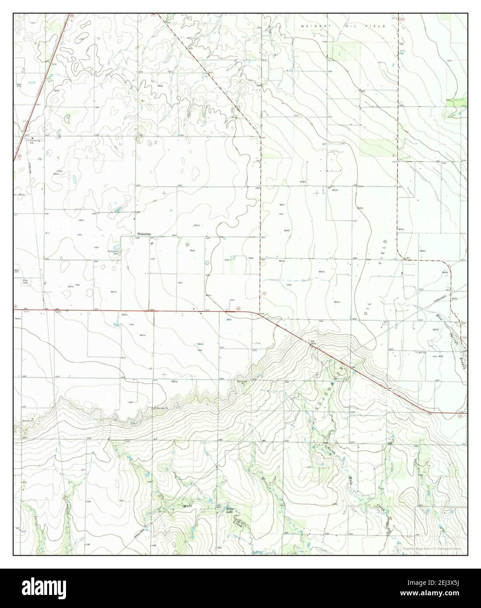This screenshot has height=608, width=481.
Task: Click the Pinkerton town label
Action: click(x=144, y=234)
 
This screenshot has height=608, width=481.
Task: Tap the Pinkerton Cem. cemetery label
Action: click(x=114, y=252)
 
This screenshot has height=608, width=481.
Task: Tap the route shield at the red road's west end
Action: click(x=15, y=307)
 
